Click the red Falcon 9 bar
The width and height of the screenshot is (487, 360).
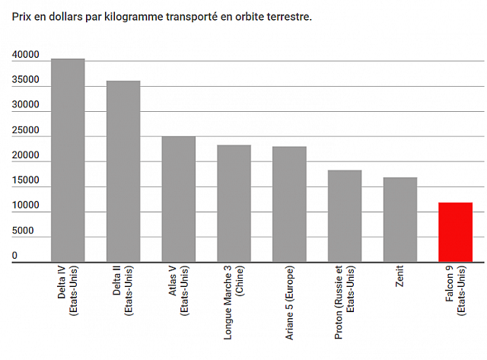click(455, 232)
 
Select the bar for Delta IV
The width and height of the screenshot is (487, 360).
click(68, 160)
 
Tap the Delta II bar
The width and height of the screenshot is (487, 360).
click(123, 171)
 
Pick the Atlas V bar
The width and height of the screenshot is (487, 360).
click(179, 199)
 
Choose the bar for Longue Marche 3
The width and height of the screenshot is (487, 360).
click(234, 203)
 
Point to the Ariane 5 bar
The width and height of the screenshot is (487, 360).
click(289, 204)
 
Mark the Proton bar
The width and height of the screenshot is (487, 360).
click(345, 216)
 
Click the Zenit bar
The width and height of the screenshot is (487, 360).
click(400, 220)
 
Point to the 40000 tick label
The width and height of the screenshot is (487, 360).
click(25, 56)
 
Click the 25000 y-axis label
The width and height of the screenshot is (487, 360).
click(25, 131)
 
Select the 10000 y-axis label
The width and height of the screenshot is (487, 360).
click(25, 206)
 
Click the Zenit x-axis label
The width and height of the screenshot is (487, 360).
click(400, 279)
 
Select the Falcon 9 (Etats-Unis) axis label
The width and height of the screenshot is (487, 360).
click(455, 293)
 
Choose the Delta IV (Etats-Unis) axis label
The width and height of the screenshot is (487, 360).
click(68, 293)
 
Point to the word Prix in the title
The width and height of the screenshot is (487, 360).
click(21, 16)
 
